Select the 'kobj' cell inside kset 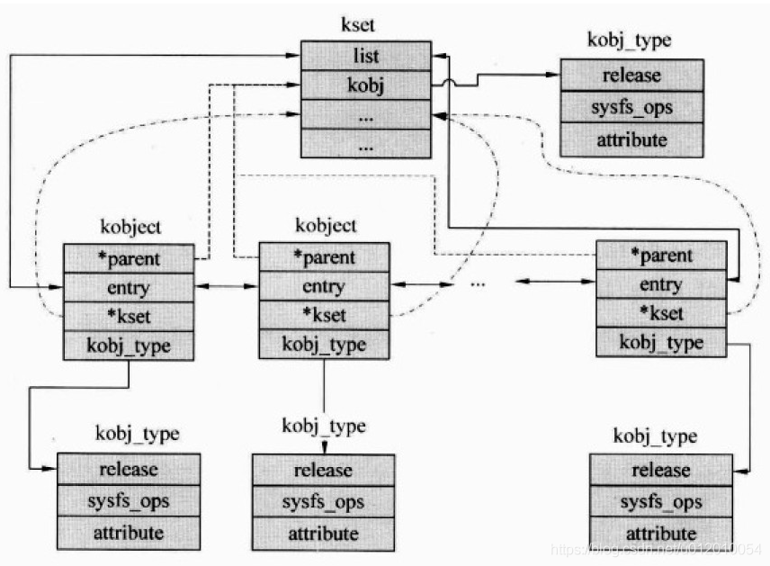365,87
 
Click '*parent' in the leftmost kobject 129,259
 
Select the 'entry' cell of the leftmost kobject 129,288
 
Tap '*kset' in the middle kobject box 324,315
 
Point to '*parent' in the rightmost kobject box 661,256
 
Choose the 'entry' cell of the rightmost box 661,284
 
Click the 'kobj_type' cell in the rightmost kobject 661,342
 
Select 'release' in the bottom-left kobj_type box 129,469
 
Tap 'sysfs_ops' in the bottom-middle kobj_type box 323,502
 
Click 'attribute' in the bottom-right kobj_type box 661,532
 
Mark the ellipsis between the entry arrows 478,283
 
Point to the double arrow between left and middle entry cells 227,288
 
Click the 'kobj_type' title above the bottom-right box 656,436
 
